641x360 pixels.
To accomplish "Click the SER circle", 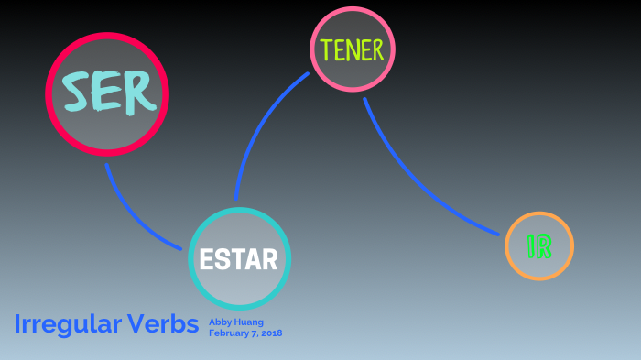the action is [107, 93].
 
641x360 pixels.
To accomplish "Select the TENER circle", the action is [352, 49].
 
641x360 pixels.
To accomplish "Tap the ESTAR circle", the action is [239, 259].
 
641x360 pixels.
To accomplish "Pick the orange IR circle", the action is [539, 245].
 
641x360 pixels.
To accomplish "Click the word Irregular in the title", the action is [68, 324].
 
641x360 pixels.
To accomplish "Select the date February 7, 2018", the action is [244, 333].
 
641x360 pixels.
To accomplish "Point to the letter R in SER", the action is [136, 92].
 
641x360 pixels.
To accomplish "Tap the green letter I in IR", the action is [531, 245].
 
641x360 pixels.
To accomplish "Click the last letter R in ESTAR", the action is [269, 260].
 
